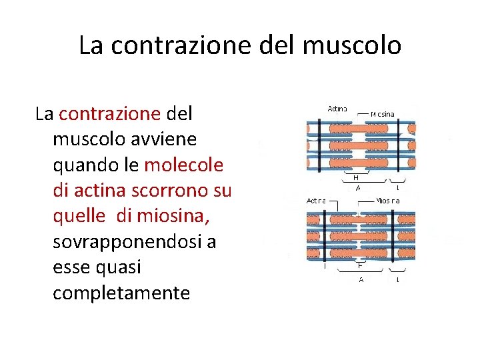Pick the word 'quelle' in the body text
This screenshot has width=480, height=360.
(x=79, y=217)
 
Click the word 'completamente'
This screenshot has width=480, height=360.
(x=121, y=293)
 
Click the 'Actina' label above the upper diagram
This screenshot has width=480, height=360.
(x=337, y=109)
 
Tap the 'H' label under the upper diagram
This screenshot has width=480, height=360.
(x=355, y=178)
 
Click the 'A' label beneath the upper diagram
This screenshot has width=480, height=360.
(x=358, y=188)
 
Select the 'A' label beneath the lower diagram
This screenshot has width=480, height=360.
(x=361, y=279)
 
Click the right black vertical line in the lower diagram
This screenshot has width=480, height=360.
(x=393, y=237)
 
